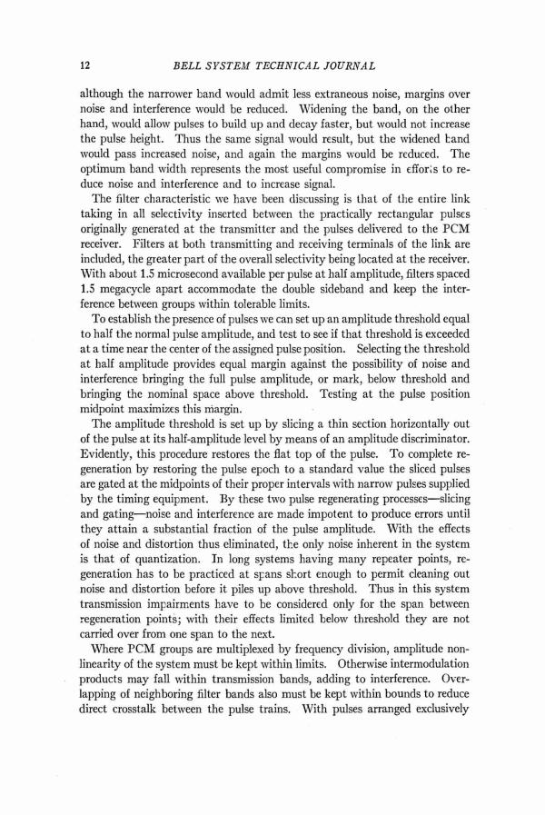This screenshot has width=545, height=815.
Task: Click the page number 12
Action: coord(86,65)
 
